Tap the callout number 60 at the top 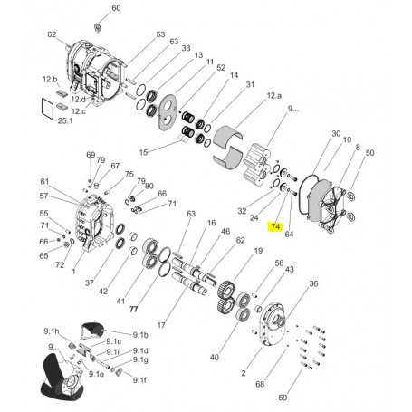coord(115,8)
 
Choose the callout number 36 coord(313,284)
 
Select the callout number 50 coord(369,155)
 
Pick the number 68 coord(261,384)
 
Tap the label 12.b coord(49,80)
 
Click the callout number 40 coord(215,358)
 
